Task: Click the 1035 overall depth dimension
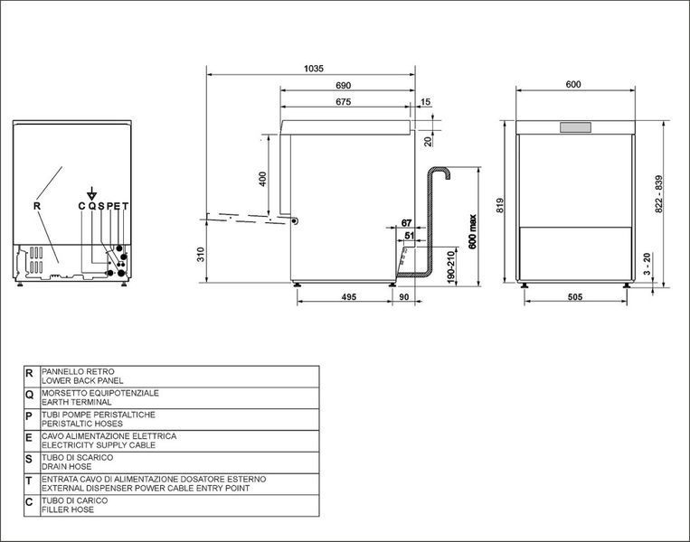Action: [x=313, y=68]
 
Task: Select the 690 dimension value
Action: [x=344, y=85]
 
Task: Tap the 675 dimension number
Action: [x=344, y=101]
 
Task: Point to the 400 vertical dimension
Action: [x=262, y=179]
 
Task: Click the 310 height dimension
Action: [x=201, y=255]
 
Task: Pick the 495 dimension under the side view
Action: [x=349, y=296]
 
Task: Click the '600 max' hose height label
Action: [x=473, y=231]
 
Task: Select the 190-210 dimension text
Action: [x=450, y=267]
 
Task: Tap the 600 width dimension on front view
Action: [x=573, y=84]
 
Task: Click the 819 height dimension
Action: [x=500, y=206]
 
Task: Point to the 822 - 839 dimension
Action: [x=658, y=194]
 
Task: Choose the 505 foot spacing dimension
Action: [x=575, y=296]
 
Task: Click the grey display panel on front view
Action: [x=575, y=127]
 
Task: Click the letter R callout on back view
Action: [x=37, y=206]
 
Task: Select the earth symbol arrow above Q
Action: [x=91, y=193]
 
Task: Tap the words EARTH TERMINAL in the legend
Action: [x=77, y=402]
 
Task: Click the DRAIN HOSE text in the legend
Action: [x=66, y=466]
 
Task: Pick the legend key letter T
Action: [x=29, y=481]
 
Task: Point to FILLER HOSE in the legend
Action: [x=68, y=509]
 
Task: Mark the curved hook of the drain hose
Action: [x=442, y=172]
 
